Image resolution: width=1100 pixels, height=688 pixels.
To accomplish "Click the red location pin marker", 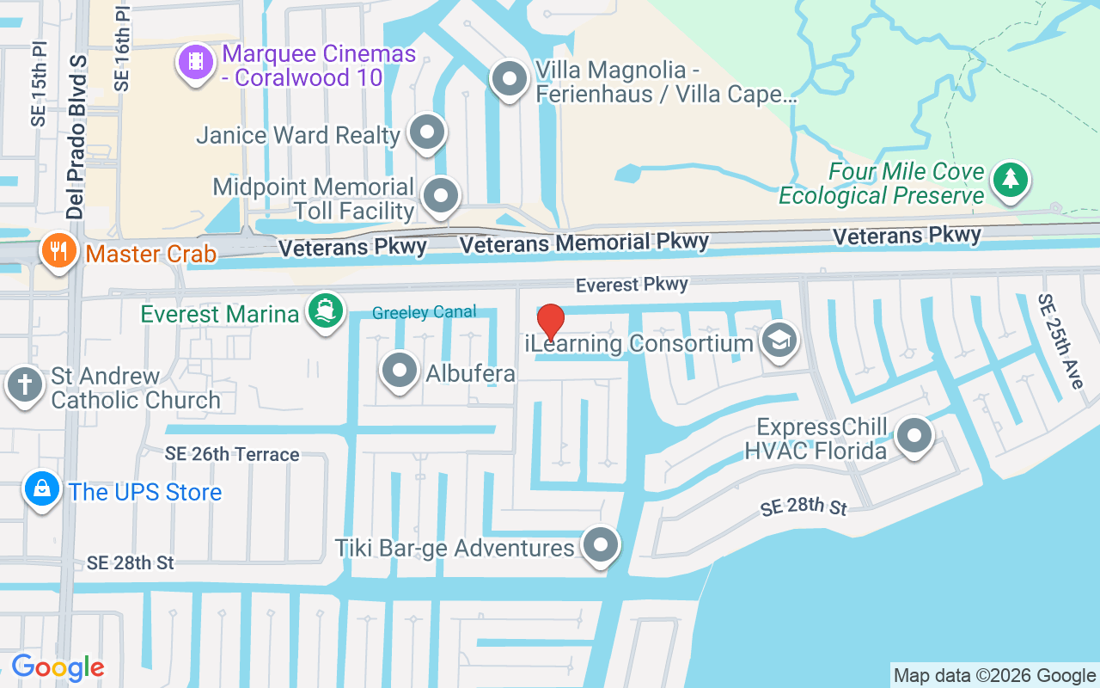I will tap(550, 322).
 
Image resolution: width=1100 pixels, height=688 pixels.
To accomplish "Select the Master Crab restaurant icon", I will tap(58, 251).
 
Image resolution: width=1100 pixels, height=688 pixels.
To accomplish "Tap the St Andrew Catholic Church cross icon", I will tap(26, 384).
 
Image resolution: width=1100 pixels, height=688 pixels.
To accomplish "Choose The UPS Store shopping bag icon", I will tap(42, 489).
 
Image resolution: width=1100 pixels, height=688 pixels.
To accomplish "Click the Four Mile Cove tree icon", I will tap(1011, 179).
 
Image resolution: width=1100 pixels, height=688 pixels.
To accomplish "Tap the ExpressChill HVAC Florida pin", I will tap(914, 435).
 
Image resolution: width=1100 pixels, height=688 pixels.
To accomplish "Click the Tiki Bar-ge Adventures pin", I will tap(601, 544).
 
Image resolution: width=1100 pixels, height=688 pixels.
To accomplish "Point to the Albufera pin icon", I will tap(399, 371).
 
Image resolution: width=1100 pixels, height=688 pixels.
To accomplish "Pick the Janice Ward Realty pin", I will tap(427, 132).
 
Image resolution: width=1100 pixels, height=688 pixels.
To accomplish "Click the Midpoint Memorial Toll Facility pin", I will tap(442, 194).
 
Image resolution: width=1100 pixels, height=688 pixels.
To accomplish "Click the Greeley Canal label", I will tap(425, 313).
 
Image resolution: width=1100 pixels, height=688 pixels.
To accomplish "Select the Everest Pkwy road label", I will tap(632, 284).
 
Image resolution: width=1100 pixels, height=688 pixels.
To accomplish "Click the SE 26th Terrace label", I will tap(233, 454).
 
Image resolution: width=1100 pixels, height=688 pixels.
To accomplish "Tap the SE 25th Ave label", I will tap(1060, 341).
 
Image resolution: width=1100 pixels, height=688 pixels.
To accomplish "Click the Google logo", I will tap(58, 667).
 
